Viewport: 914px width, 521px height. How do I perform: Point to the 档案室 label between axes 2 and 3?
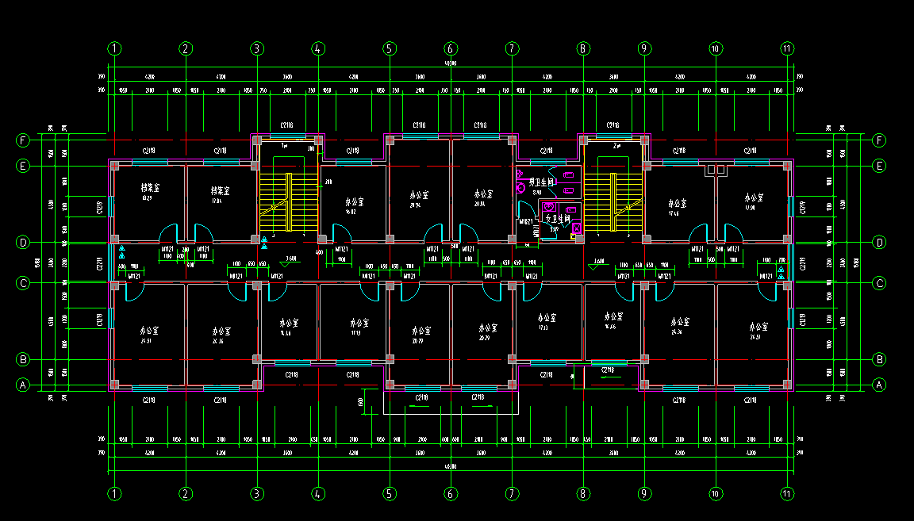coord(220,190)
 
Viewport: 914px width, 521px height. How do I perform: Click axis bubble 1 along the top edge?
coord(115,48)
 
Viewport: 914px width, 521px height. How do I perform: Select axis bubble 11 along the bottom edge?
coord(787,493)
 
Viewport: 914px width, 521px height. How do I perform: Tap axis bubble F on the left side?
coord(23,141)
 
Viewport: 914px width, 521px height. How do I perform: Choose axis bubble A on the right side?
coord(878,385)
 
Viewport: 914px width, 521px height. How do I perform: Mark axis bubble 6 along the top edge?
coord(451,48)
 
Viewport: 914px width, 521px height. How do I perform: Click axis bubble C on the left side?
coord(23,282)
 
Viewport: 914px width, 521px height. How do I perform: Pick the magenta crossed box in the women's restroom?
coord(577,228)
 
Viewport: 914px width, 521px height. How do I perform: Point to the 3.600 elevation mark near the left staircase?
coord(290,259)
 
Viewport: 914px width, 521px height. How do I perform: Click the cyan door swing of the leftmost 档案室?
coord(169,233)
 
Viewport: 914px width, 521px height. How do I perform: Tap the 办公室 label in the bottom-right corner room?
coord(758,327)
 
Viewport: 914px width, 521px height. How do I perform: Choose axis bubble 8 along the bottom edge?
coord(583,493)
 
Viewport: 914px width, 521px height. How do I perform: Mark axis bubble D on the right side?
coord(878,242)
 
